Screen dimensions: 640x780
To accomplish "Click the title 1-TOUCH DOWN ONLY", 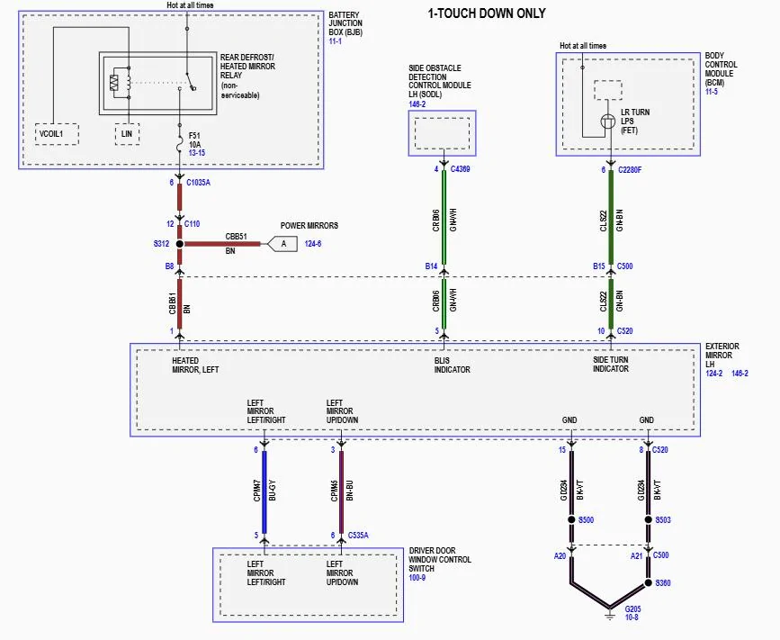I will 486,13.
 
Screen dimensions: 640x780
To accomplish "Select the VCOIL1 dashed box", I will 56,134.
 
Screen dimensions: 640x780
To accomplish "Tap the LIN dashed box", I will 127,134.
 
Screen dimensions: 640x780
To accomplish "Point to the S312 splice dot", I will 180,244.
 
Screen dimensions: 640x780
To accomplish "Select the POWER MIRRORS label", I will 309,226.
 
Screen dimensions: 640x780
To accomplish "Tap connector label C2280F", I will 629,168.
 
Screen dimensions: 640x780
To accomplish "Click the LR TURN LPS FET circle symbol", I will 608,121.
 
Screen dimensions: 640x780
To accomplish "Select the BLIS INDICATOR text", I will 452,365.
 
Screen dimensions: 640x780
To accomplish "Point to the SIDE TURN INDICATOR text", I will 611,365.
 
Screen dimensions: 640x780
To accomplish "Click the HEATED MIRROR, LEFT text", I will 195,365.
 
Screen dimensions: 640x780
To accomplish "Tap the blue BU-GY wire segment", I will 264,493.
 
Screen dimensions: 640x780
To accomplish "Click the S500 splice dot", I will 571,519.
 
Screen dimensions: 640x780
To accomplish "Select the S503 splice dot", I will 648,519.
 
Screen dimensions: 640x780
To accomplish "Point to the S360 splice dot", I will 648,583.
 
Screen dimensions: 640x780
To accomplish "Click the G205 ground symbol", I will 610,609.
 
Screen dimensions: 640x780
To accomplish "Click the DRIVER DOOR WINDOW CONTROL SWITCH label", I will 439,562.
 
